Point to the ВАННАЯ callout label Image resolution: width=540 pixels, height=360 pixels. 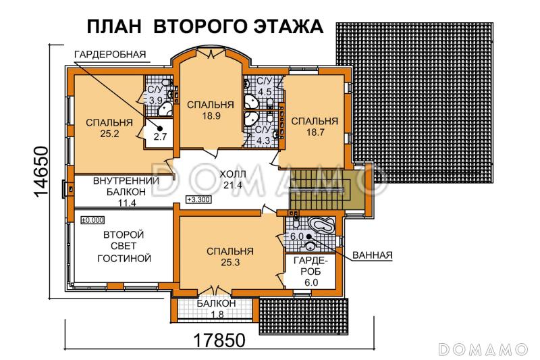372,255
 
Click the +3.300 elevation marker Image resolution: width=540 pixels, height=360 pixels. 198,200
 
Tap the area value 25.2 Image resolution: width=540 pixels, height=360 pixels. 108,134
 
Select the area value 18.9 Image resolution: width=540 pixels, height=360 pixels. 211,115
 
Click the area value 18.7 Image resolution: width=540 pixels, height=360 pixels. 314,132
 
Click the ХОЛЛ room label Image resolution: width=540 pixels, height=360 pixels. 233,174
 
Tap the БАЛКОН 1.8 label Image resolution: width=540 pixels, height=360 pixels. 216,309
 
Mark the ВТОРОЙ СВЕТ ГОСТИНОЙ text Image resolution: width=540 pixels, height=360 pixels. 123,246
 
